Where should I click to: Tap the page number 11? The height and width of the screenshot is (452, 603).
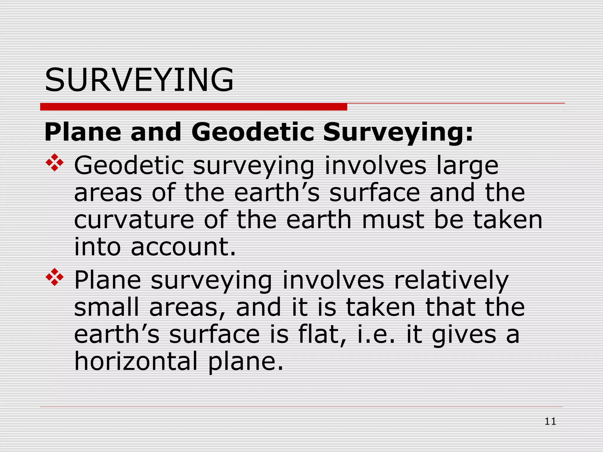(550, 421)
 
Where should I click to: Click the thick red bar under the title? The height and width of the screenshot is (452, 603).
(193, 107)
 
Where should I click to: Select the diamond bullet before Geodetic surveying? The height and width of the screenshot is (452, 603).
(55, 162)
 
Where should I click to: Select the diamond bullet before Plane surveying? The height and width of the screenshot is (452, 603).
(55, 277)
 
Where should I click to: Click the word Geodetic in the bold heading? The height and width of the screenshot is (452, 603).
(253, 132)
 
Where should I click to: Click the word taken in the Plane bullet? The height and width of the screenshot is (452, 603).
(380, 308)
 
